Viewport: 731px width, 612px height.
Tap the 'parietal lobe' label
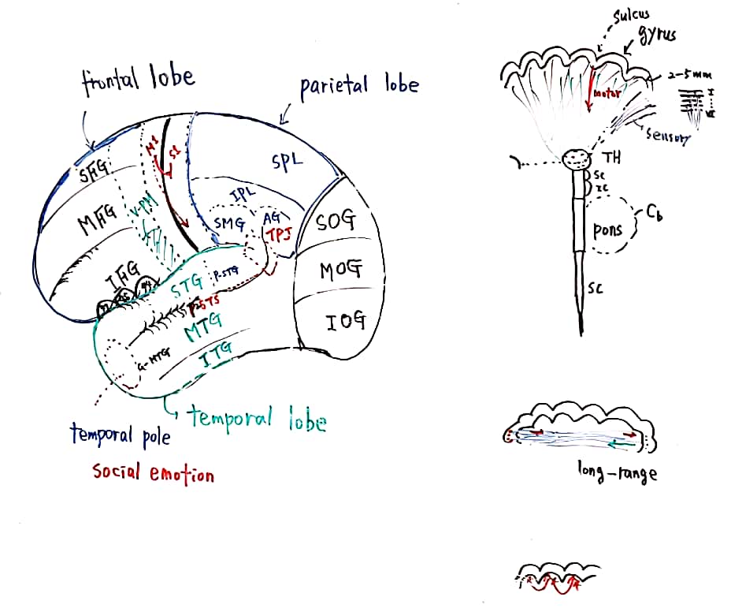click(359, 86)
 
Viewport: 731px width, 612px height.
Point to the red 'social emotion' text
click(153, 473)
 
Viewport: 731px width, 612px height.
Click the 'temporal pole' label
click(120, 435)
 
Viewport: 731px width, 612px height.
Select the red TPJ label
click(279, 235)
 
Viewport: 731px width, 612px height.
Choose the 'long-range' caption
click(616, 474)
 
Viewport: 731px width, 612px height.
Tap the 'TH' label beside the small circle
click(611, 158)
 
